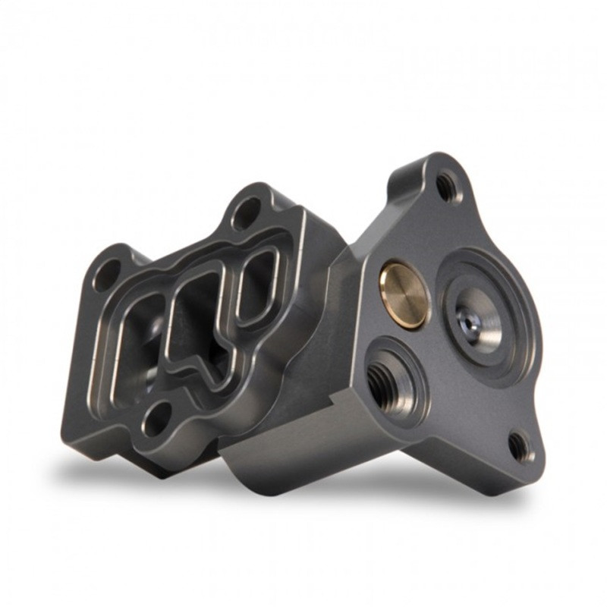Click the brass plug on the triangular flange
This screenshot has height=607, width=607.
click(403, 294)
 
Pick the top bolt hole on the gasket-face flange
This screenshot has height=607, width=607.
click(247, 212)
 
